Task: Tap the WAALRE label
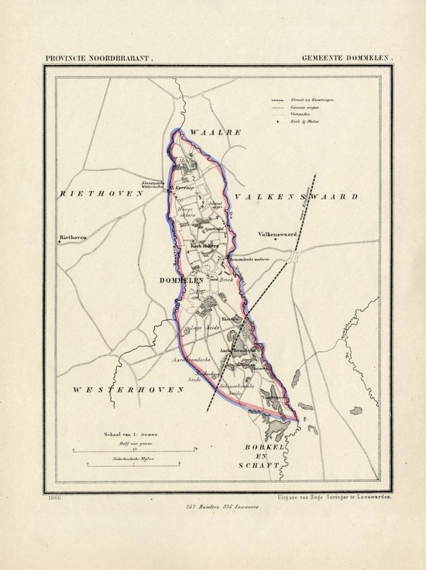[x=216, y=132]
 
